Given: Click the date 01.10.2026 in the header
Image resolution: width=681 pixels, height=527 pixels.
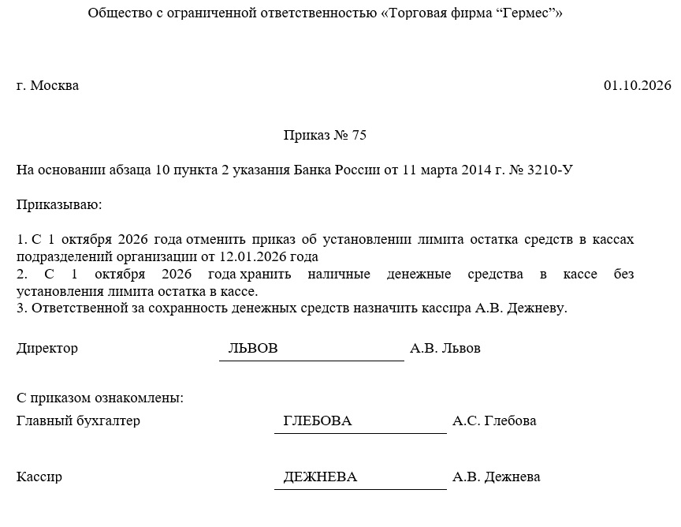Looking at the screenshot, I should [637, 85].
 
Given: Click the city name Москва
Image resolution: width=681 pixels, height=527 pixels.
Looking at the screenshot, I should [54, 85].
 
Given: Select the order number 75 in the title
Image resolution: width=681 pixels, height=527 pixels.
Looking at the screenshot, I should [359, 135].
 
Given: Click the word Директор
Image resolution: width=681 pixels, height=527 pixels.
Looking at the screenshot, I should [47, 348].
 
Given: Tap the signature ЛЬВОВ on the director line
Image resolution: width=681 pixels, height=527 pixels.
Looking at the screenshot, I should [253, 348].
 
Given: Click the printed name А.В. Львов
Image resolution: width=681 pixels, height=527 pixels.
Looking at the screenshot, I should [445, 348].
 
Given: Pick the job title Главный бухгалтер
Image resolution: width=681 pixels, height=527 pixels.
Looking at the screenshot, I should [78, 420].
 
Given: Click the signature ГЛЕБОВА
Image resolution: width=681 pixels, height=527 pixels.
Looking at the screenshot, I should [317, 421].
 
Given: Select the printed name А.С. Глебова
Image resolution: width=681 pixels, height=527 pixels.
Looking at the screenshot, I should [494, 420].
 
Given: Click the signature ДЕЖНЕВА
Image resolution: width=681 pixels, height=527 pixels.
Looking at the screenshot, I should [320, 477].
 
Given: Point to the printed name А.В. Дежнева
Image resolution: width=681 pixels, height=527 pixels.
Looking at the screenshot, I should [497, 477].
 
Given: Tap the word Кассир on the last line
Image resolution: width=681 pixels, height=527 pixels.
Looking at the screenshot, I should [39, 477].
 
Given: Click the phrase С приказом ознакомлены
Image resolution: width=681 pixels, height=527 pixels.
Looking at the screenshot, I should [99, 398].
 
